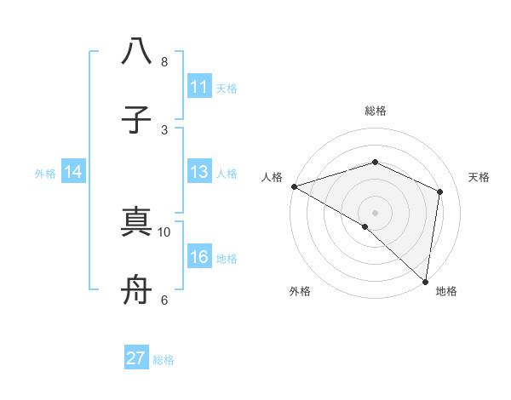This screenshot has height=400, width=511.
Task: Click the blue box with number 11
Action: pos(199,87)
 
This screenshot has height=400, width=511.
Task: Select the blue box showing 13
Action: pos(199,173)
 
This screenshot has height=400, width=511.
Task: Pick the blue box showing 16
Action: pos(199,257)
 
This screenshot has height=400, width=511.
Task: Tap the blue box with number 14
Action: pos(73,173)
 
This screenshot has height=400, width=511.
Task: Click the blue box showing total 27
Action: pos(136,358)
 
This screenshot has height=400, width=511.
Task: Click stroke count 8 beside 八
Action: pos(164,61)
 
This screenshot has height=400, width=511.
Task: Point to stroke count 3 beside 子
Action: pos(164,129)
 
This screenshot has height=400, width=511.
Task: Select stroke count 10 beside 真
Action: pos(164,231)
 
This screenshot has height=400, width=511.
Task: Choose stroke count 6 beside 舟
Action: pos(164,300)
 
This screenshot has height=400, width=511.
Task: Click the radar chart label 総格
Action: pos(375,111)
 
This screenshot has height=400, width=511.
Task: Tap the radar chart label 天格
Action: pos(479,177)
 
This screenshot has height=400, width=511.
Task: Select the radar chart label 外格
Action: pos(300,291)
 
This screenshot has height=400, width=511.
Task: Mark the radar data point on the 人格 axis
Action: pos(294,186)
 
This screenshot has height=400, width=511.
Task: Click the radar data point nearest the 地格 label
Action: pos(424,281)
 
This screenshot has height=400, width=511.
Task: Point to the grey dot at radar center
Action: pos(375,213)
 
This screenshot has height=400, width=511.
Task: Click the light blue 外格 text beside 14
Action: pos(45,174)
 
